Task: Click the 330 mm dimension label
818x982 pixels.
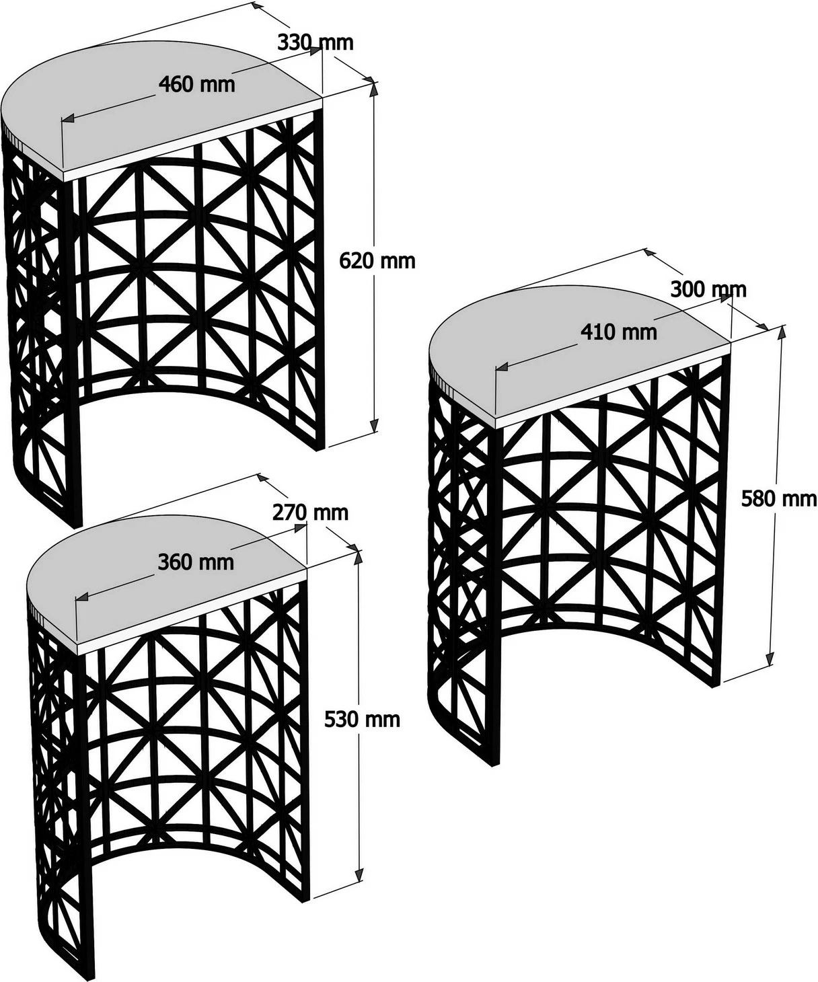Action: coord(315,43)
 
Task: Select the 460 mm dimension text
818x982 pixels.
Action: coord(196,85)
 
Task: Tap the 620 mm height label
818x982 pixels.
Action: coord(377,261)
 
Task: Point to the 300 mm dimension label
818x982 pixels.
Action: coord(708,290)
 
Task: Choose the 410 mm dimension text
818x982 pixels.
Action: coord(619,332)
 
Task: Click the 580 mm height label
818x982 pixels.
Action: coord(779,499)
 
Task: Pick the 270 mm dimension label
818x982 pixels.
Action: coord(311,513)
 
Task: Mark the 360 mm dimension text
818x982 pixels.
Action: coord(196,562)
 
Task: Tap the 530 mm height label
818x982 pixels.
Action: coord(362,720)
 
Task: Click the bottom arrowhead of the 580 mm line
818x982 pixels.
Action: coord(770,659)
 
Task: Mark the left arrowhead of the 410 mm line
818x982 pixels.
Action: coord(502,367)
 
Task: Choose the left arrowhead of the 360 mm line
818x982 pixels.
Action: coord(82,597)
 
